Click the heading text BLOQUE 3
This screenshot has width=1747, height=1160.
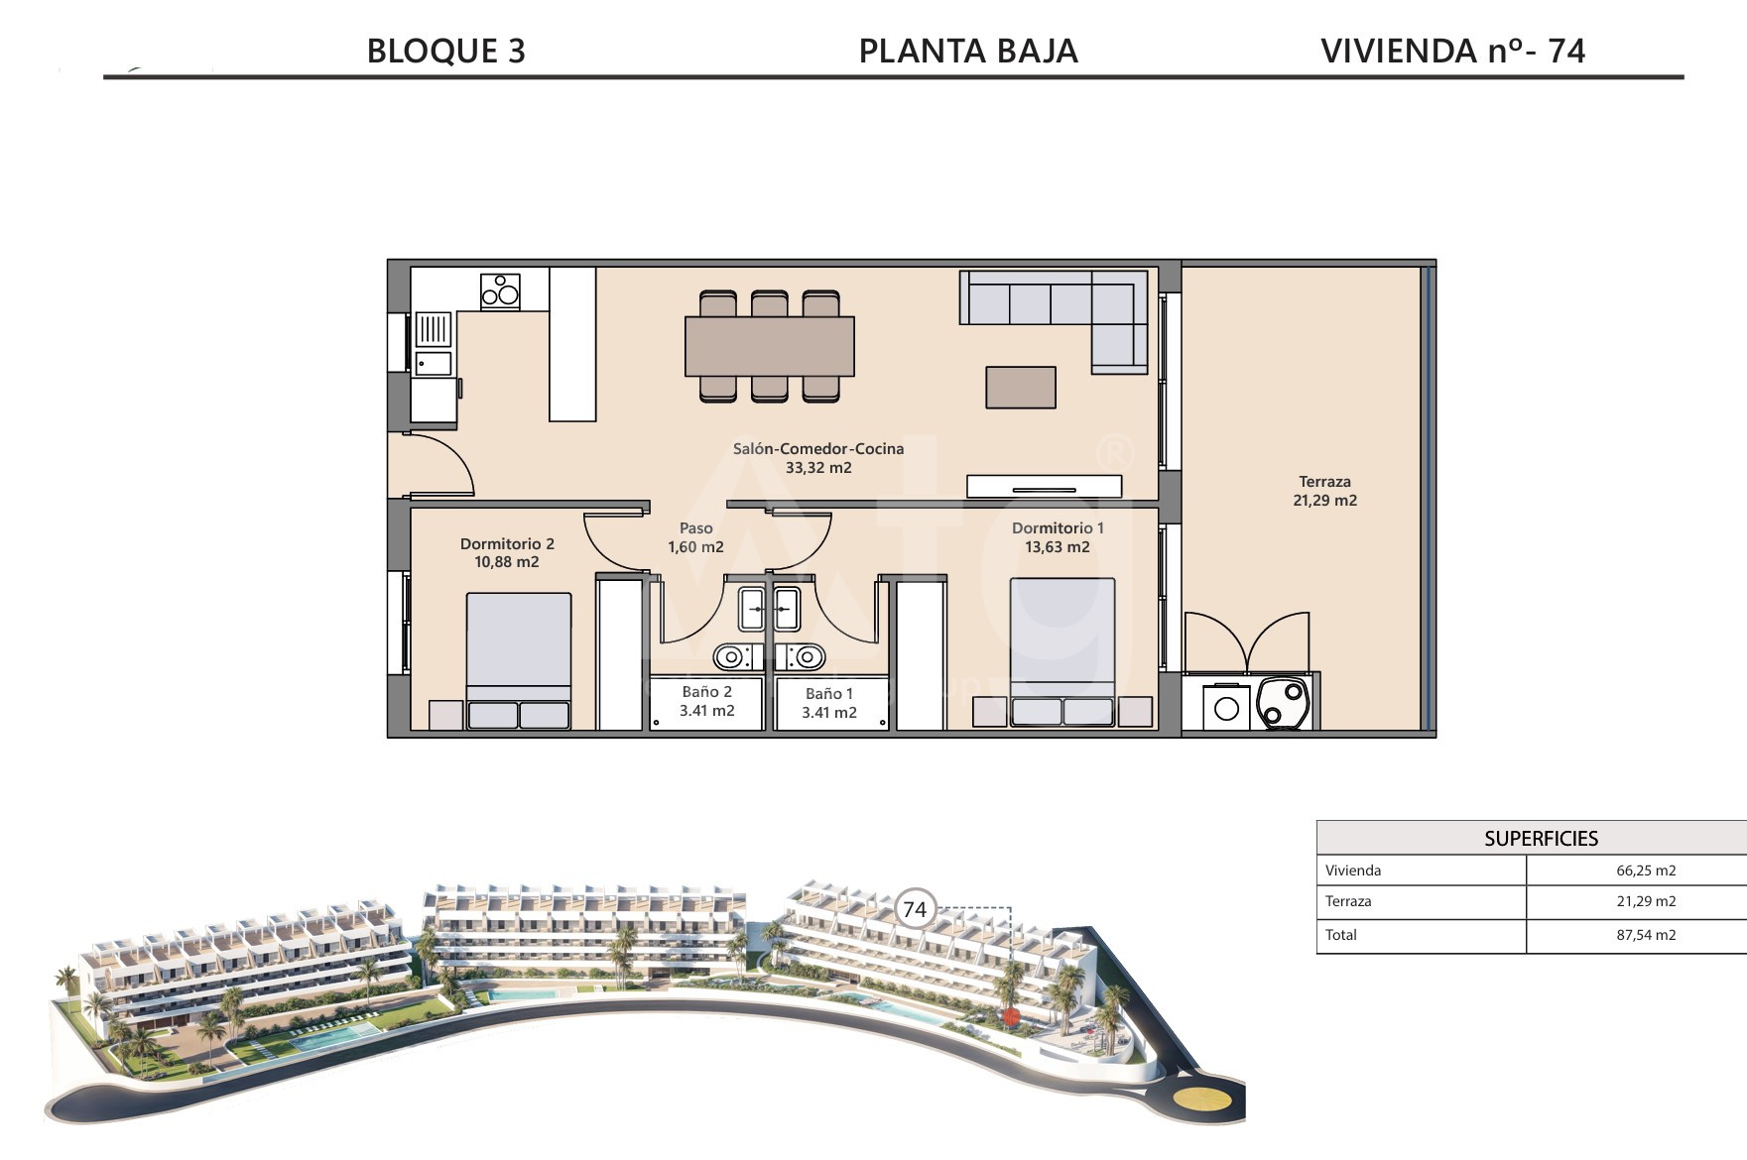click(x=445, y=51)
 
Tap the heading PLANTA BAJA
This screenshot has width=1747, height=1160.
click(x=967, y=51)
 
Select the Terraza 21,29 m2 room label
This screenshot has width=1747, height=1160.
click(x=1324, y=491)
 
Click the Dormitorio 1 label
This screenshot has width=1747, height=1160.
click(x=1058, y=528)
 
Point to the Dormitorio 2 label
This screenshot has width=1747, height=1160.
click(x=507, y=543)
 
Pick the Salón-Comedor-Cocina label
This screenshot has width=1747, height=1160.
click(x=818, y=449)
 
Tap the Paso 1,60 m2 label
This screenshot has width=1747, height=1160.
click(x=695, y=537)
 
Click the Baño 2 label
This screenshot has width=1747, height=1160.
click(x=706, y=692)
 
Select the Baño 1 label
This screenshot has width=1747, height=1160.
click(x=829, y=694)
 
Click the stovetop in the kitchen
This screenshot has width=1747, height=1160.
click(x=500, y=290)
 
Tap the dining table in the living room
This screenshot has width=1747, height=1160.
click(x=770, y=346)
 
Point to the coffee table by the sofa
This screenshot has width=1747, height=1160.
click(x=1021, y=388)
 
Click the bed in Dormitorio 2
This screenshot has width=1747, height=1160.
click(x=518, y=660)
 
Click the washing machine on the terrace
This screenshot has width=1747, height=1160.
click(x=1227, y=708)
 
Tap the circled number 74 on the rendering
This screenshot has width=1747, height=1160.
click(x=915, y=909)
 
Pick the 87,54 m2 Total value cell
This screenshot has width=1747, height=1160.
click(x=1646, y=935)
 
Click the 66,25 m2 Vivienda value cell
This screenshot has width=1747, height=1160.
click(x=1646, y=870)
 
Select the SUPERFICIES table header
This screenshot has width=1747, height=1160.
click(x=1541, y=839)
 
